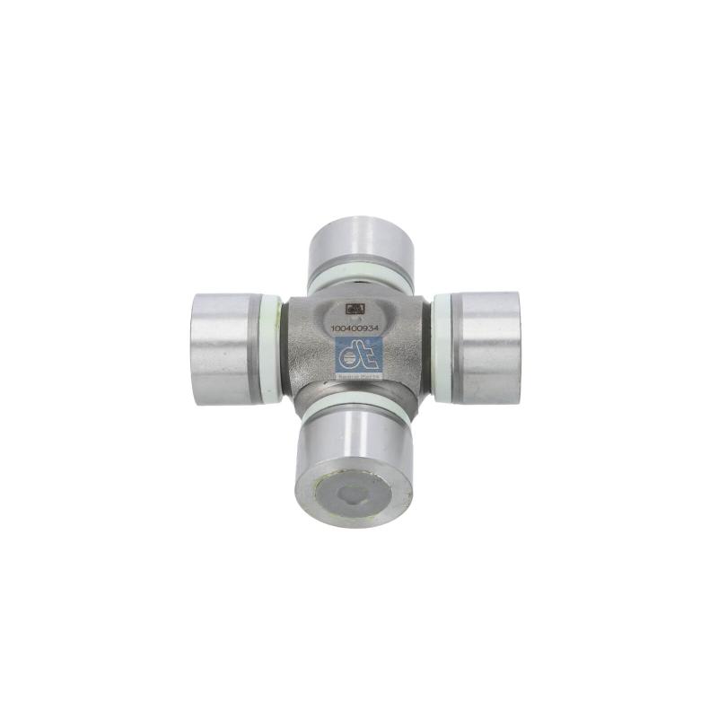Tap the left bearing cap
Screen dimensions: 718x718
[x=223, y=347]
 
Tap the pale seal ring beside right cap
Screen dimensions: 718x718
[x=442, y=346]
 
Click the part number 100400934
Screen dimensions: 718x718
[x=356, y=329]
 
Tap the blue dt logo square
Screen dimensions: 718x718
[x=358, y=358]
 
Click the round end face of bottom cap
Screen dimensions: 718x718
[x=355, y=491]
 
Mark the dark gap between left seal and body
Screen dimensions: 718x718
[x=280, y=349]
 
